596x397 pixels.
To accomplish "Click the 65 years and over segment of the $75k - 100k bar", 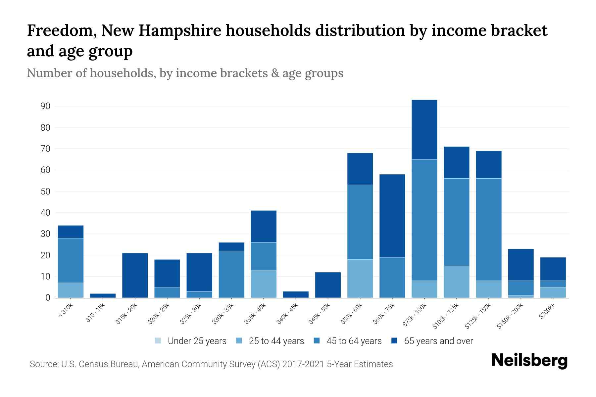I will pyautogui.click(x=424, y=129).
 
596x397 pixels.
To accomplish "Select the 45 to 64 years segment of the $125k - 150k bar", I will pyautogui.click(x=488, y=230).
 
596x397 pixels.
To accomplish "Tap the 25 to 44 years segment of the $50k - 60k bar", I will pyautogui.click(x=360, y=279).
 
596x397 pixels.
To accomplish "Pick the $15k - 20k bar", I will pyautogui.click(x=135, y=275).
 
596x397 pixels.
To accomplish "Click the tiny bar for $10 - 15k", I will pyautogui.click(x=103, y=295).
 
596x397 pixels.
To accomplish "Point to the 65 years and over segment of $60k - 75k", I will pyautogui.click(x=392, y=216).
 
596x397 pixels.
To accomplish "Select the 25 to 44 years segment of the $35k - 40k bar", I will pyautogui.click(x=264, y=284).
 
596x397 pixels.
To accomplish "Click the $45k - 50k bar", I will pyautogui.click(x=328, y=285).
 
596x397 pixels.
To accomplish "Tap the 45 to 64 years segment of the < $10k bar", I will pyautogui.click(x=71, y=260).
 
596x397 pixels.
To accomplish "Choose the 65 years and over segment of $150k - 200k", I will pyautogui.click(x=521, y=265).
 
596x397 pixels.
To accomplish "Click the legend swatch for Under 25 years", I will pyautogui.click(x=158, y=341).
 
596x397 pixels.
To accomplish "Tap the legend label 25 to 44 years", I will pyautogui.click(x=276, y=341).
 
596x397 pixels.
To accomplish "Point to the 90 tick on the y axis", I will pyautogui.click(x=45, y=106).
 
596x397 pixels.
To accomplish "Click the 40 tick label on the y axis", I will pyautogui.click(x=45, y=213).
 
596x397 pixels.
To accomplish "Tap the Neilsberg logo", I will pyautogui.click(x=529, y=361).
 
